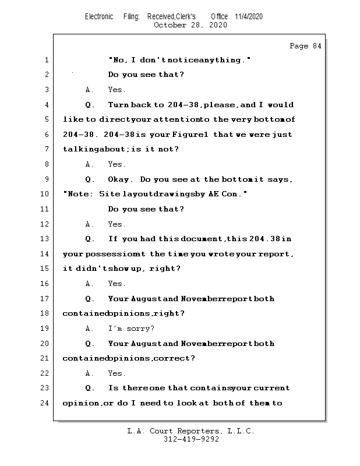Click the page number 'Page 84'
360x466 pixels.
(305, 46)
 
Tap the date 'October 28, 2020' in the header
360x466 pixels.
(190, 25)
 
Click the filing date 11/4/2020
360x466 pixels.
(249, 16)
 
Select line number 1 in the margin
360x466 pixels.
(46, 60)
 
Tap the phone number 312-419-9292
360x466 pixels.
(191, 440)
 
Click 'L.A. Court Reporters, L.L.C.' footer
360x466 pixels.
(190, 432)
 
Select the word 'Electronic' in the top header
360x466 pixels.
(99, 16)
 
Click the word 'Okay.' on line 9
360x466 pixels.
(122, 179)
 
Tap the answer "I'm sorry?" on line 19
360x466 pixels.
(131, 329)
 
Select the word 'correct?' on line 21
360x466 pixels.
(174, 358)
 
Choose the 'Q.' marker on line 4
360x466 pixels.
(90, 105)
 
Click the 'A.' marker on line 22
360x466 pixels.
(90, 373)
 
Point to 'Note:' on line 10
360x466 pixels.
(79, 194)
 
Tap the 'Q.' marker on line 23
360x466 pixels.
(90, 388)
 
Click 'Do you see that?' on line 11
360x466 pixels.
(146, 209)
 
